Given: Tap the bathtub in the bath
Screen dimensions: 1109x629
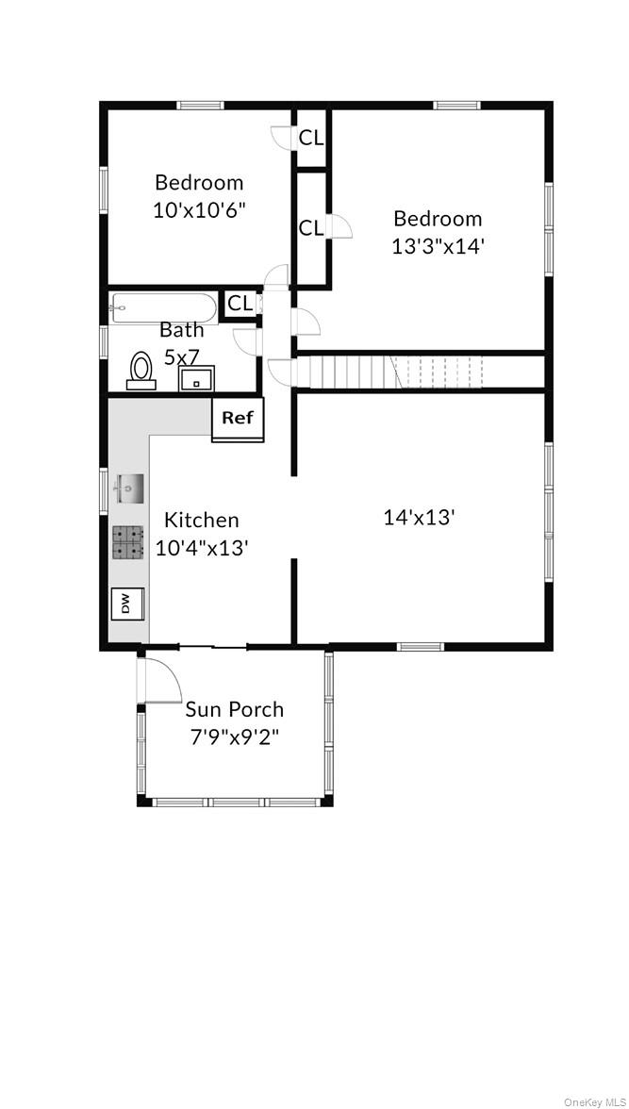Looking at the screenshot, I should click(x=163, y=307).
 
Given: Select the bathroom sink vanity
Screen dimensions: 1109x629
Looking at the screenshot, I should click(x=197, y=379).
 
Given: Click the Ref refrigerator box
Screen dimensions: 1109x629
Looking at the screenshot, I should click(x=238, y=418).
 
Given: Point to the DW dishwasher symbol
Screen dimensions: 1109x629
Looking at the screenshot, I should click(x=126, y=604).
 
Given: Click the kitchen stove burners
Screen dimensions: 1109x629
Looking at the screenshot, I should click(x=128, y=542).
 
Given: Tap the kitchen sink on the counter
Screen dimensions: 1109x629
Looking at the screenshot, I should click(x=128, y=489).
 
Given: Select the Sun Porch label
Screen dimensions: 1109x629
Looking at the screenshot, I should click(x=234, y=709).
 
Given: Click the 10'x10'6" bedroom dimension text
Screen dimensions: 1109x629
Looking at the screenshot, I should click(x=199, y=209).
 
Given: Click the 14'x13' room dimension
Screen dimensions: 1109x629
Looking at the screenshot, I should click(x=420, y=517).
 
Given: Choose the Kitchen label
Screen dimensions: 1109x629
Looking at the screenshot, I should click(x=201, y=520).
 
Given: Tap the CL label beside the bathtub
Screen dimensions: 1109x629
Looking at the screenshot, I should click(x=240, y=304).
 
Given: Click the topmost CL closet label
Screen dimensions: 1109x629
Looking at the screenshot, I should click(x=311, y=138).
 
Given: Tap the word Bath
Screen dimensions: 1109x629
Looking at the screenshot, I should click(x=181, y=330).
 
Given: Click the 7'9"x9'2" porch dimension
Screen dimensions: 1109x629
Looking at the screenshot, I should click(x=235, y=737).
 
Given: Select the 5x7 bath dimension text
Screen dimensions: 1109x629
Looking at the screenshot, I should click(x=181, y=357).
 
